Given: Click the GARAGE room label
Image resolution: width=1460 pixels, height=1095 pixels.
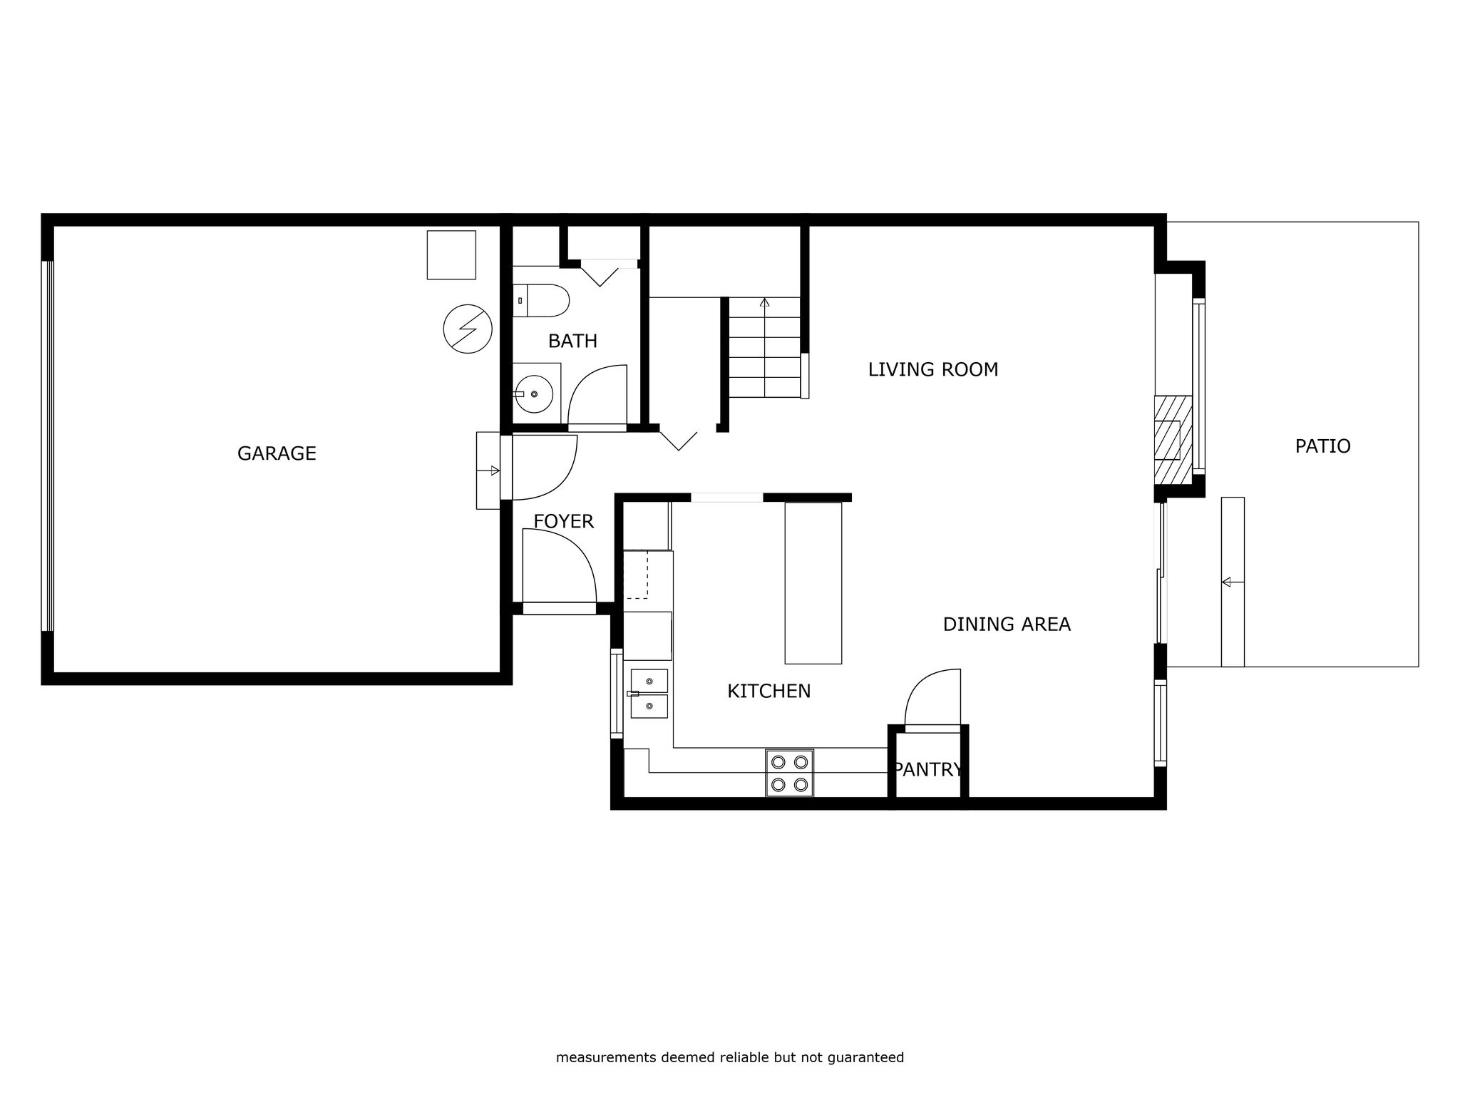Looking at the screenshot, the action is pos(277,453).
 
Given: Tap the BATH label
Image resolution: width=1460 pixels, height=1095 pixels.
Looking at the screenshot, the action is pos(572,341).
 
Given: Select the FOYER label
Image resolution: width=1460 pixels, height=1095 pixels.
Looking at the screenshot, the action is pos(563,522).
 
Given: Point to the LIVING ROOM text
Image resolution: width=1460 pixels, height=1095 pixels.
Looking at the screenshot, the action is pos(932,369).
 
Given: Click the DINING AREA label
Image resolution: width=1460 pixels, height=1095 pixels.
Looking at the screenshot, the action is pos(1007,624).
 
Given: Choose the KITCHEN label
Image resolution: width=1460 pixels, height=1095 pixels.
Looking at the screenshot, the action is pos(768,691).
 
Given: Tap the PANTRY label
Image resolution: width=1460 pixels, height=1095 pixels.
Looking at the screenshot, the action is pos(928,769).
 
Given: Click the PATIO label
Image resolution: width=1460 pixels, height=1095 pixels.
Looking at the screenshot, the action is pos(1322,446).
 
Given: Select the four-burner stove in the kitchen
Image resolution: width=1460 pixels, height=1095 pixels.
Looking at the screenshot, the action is pos(789,773).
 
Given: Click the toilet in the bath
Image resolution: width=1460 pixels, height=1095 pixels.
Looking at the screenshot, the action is pos(541,301).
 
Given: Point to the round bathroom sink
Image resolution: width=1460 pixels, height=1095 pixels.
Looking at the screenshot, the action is pos(534,394).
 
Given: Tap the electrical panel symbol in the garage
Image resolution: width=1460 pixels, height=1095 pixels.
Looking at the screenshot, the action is pos(468,329).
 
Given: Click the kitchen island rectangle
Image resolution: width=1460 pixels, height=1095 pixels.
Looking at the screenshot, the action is pos(813,583).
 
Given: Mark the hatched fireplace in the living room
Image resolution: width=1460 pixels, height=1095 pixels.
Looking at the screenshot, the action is pos(1173,441).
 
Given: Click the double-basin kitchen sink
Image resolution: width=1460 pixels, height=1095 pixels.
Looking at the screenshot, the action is pos(649,694).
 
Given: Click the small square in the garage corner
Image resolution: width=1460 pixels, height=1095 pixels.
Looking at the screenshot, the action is pos(451,255).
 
